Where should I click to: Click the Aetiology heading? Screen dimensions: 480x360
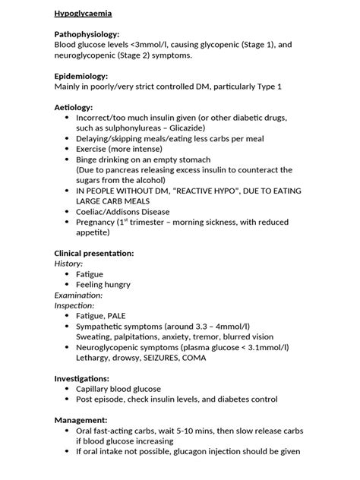tap(74, 108)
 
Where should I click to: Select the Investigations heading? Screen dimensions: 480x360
tap(82, 377)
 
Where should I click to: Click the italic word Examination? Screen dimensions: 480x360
tap(79, 294)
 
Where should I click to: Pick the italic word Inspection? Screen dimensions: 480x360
tap(74, 305)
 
